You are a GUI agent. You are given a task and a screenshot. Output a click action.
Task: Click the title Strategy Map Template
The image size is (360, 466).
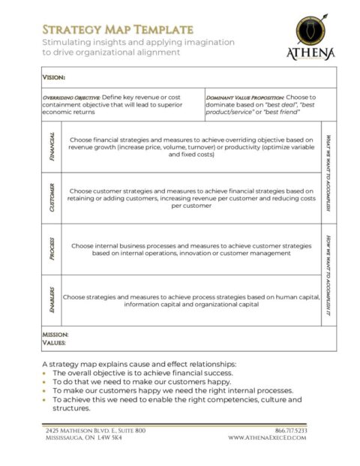click(x=118, y=29)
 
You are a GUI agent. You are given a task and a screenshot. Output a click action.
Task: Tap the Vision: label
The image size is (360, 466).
click(x=54, y=77)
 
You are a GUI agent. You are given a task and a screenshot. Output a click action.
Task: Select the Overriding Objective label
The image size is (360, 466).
click(x=70, y=98)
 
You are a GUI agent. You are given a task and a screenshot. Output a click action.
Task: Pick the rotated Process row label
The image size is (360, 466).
click(x=51, y=249)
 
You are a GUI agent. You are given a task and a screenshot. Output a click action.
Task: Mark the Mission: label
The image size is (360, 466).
click(x=55, y=334)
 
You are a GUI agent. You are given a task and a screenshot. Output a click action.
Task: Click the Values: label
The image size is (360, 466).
click(x=54, y=343)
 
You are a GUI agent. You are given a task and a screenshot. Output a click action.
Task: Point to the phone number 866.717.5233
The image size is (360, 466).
click(x=291, y=431)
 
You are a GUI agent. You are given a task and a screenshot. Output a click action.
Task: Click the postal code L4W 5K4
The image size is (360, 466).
click(x=108, y=438)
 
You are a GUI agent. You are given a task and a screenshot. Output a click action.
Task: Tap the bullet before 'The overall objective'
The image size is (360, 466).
click(x=46, y=373)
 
